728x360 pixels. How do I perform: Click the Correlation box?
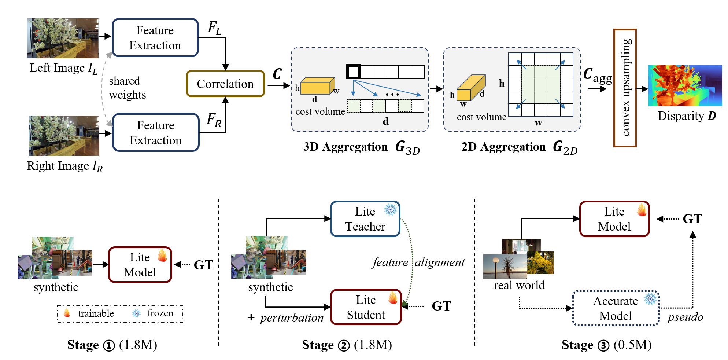[225, 84]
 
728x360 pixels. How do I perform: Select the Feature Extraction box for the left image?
[155, 38]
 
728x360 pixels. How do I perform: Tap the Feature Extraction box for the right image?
[156, 133]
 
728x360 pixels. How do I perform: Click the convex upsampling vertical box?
[625, 88]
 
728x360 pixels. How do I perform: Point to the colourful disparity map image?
[685, 86]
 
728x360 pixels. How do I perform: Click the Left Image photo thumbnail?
[63, 38]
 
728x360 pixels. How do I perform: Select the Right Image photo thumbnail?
[64, 136]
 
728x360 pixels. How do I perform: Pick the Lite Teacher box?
[365, 219]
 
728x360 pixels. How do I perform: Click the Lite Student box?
[366, 307]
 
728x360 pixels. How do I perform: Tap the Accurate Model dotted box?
[616, 308]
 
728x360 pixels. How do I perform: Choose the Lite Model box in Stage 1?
[140, 265]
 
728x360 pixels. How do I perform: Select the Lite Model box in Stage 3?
[614, 219]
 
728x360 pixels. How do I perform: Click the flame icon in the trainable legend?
[67, 313]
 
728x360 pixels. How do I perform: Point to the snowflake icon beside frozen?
[136, 313]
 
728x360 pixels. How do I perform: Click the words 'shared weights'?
[127, 88]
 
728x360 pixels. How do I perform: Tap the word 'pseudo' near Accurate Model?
[685, 317]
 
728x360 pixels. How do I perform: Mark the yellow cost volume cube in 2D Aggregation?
[470, 88]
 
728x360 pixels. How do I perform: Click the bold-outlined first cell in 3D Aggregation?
[353, 71]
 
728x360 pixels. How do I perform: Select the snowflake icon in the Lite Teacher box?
[391, 210]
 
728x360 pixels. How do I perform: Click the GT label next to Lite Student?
[441, 306]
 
